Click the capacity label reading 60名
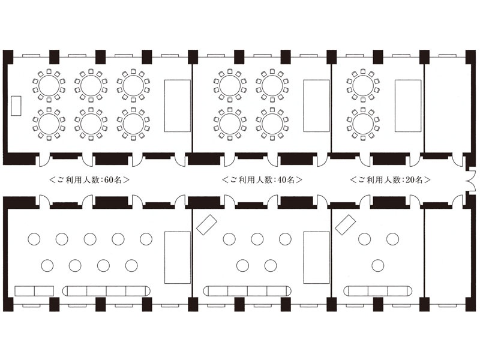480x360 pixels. (113, 179)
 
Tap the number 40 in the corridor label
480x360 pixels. (282, 179)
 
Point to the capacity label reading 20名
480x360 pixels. (414, 179)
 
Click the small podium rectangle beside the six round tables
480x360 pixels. (16, 106)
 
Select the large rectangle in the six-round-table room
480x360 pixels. (178, 106)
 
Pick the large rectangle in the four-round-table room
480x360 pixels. (317, 106)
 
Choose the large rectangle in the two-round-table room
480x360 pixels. (408, 106)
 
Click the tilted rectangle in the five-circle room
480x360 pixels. (206, 225)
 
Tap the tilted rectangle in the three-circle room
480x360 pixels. (346, 224)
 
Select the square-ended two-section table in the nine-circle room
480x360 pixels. (34, 291)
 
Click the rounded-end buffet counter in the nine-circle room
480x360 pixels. (106, 291)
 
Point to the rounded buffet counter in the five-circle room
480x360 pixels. (247, 291)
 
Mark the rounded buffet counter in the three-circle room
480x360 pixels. (378, 291)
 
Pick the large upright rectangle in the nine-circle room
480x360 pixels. (178, 257)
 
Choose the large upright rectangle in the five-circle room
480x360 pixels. (317, 257)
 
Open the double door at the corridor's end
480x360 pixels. (471, 181)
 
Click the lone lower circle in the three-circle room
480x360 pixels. (378, 265)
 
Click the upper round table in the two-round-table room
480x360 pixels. (363, 86)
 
